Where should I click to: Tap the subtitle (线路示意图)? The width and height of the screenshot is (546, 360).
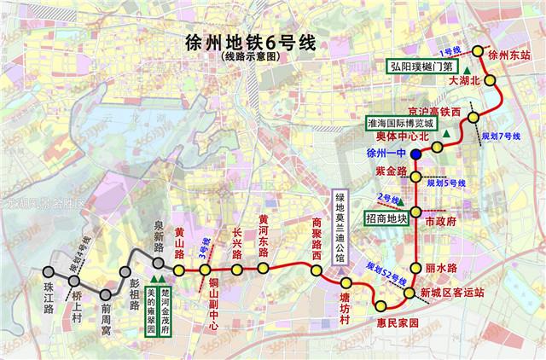click(247, 58)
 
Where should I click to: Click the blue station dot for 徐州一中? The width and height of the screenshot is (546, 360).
click(415, 154)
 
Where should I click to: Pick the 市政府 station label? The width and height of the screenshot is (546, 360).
click(441, 220)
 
